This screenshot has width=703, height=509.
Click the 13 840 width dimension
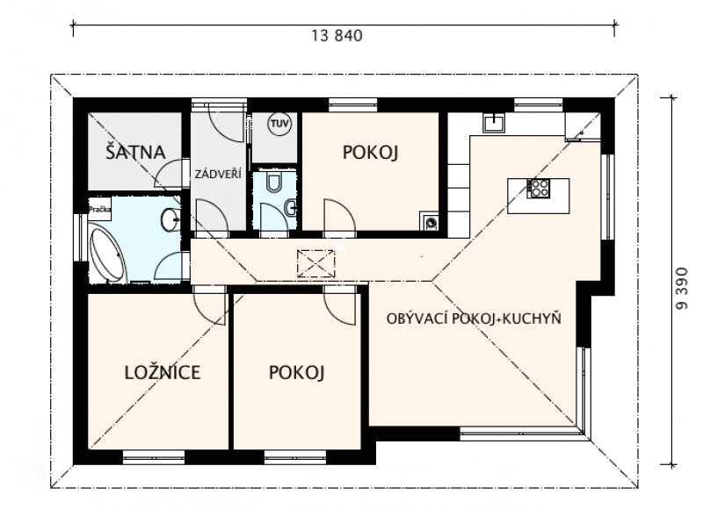337,35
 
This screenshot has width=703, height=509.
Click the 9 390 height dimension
682,289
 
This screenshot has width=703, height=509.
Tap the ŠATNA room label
136,151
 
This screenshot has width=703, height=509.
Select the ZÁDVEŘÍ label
218,174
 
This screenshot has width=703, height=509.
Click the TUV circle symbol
279,124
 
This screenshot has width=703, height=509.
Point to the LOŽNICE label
163,372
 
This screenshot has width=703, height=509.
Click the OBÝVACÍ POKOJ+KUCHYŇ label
474,319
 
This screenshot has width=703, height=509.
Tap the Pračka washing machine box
99,210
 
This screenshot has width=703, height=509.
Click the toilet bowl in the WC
273,182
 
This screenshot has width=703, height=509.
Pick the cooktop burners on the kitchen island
539,188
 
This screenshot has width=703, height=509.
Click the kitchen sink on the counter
494,122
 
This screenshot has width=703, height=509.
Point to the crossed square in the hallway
316,263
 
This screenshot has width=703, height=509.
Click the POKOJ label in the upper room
370,152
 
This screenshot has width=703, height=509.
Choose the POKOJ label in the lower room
296,372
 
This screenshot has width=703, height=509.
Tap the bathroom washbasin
170,219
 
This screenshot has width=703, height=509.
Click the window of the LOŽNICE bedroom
154,456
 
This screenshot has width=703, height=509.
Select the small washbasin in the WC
291,206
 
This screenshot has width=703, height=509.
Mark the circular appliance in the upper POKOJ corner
431,221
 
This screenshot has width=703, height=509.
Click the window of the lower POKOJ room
295,456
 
